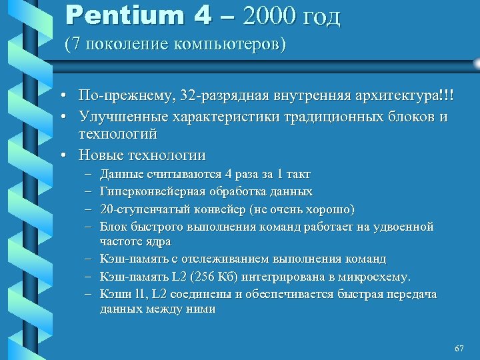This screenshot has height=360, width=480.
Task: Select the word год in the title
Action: (319, 17)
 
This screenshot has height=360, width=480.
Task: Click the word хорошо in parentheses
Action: (330, 209)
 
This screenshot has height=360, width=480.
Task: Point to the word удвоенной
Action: (407, 227)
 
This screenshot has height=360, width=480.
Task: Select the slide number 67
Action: (458, 349)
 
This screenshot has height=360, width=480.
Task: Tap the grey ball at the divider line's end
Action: (476, 63)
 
